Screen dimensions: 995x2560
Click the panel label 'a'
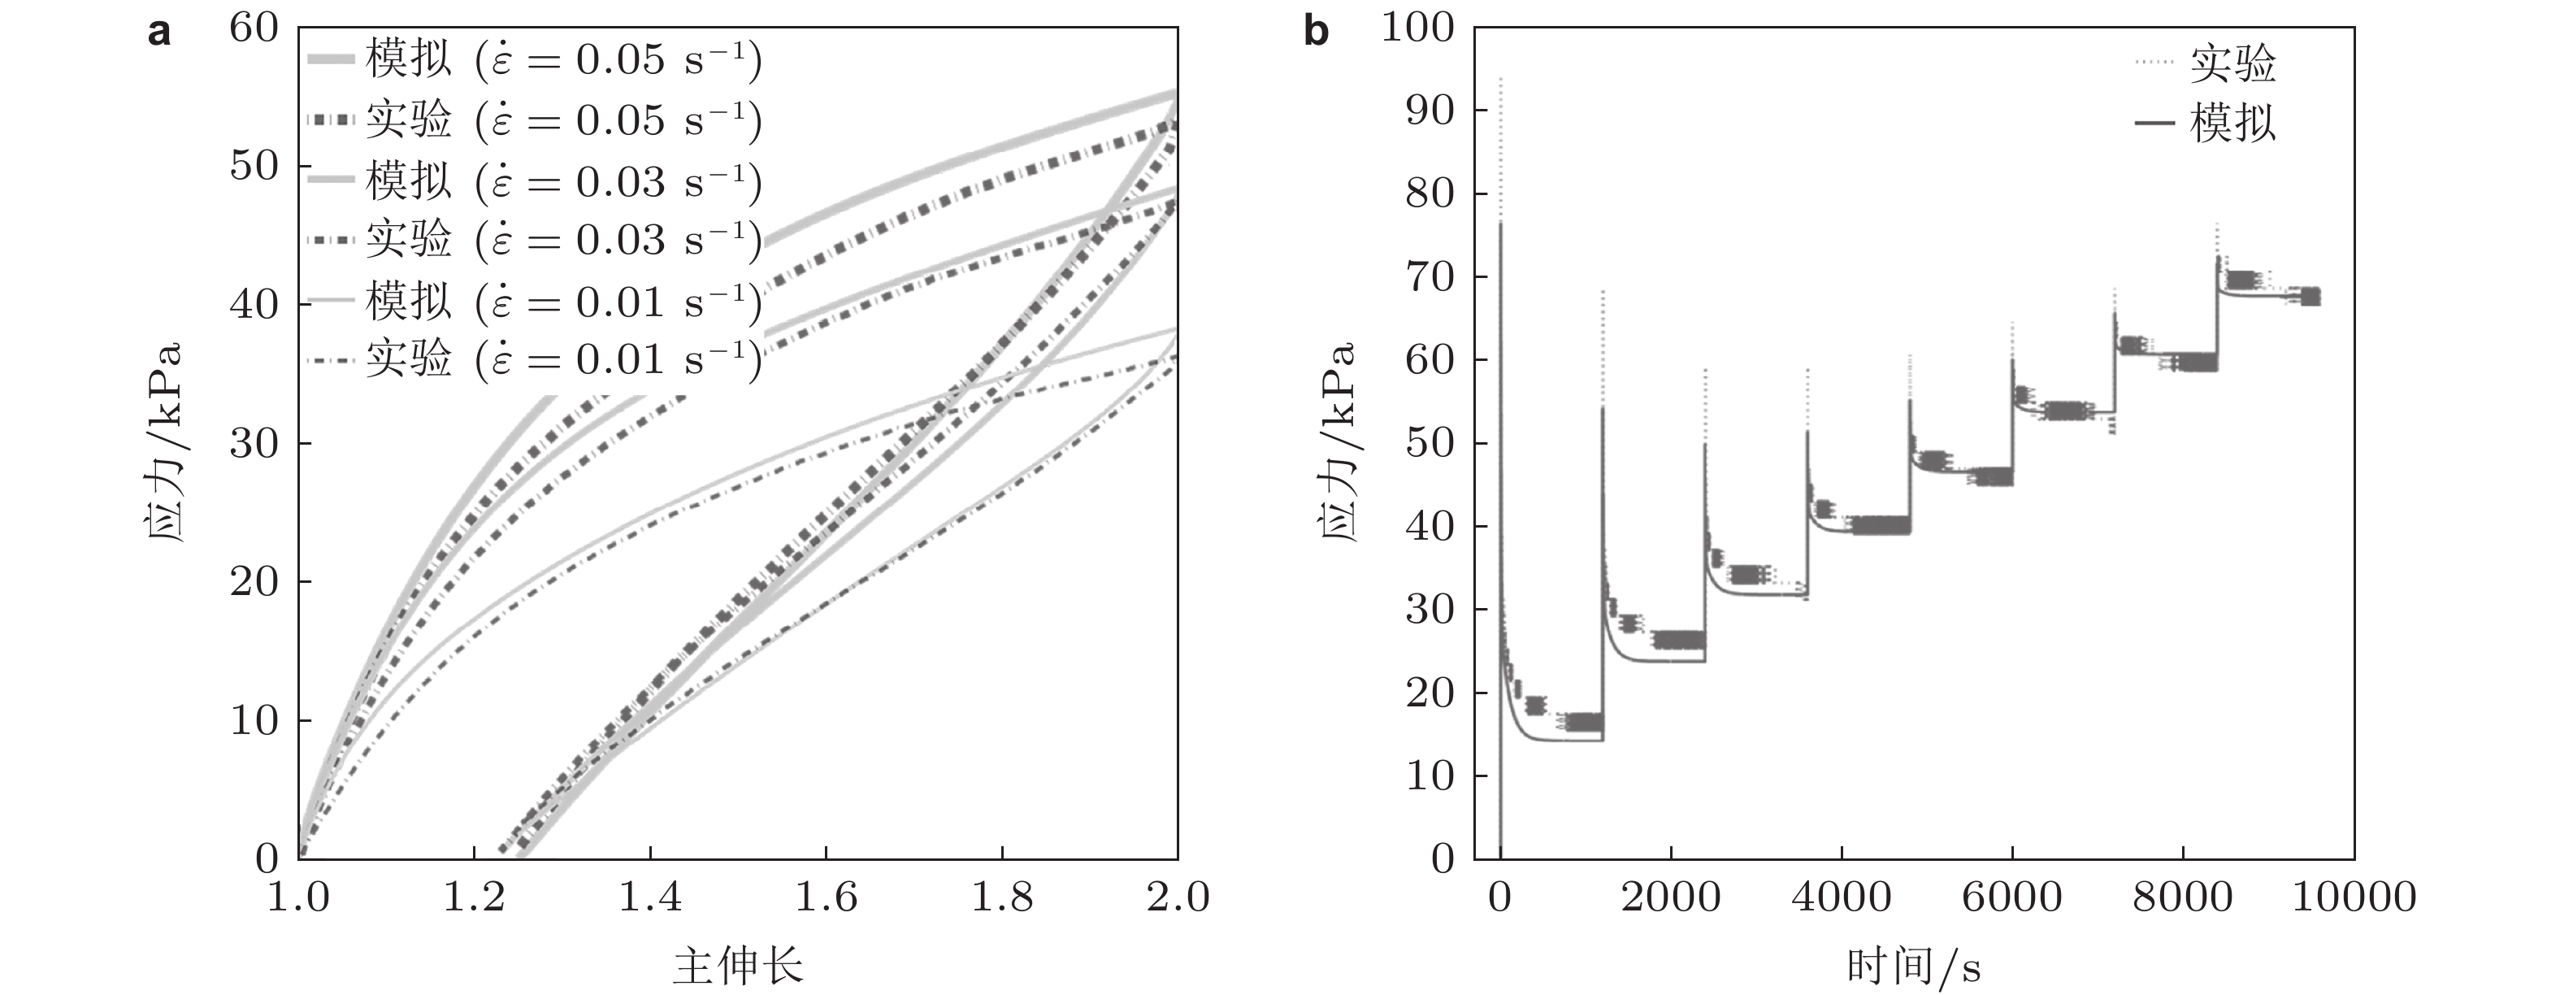[159, 33]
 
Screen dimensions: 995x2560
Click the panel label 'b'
[1316, 33]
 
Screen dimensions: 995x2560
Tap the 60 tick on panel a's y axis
[254, 28]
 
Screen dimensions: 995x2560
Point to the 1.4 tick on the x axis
[650, 897]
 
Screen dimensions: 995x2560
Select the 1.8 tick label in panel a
[1002, 897]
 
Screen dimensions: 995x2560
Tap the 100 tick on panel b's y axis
[1417, 28]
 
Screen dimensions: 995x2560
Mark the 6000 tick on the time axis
[2011, 897]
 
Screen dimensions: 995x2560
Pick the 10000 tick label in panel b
[2354, 897]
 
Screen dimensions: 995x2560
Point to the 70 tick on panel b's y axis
[1430, 277]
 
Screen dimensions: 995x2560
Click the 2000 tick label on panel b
[1671, 897]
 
